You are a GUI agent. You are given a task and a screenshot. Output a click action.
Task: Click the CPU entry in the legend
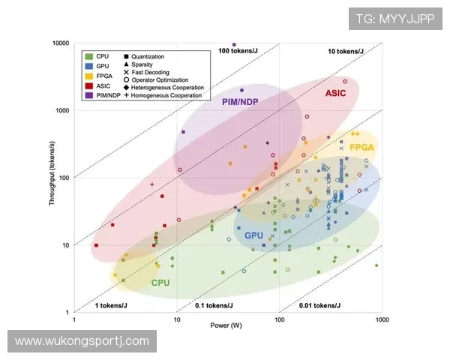click(103, 56)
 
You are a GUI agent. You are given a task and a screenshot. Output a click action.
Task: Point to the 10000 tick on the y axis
click(60, 43)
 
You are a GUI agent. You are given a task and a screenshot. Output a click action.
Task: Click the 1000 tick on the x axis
click(382, 320)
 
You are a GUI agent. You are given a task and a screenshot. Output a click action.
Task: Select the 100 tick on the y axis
click(63, 178)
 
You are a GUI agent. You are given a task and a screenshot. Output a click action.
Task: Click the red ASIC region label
click(335, 94)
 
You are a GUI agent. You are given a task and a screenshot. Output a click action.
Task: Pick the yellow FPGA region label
click(361, 147)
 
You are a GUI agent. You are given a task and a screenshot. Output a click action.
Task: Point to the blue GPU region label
click(253, 235)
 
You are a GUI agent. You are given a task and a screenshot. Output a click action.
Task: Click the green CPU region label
click(160, 283)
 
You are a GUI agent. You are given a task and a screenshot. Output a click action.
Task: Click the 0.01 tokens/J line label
click(319, 306)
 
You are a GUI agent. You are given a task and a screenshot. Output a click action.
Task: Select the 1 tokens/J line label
click(108, 306)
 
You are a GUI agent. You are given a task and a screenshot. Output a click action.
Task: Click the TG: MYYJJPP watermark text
click(394, 19)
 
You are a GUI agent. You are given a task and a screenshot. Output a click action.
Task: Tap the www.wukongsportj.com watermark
click(82, 341)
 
